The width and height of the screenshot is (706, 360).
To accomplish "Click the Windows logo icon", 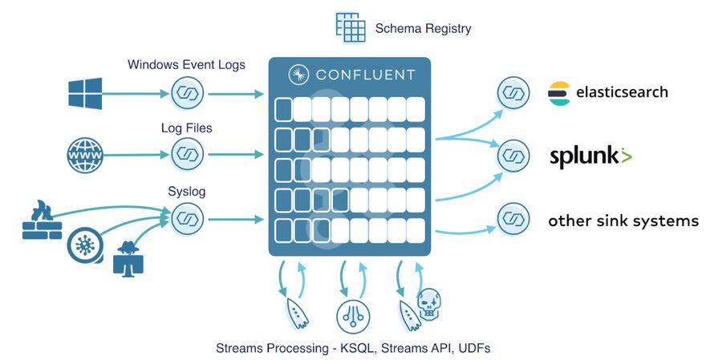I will (x=85, y=94).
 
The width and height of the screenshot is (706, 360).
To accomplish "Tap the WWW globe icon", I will (x=85, y=152).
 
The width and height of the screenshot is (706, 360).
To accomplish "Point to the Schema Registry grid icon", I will (x=350, y=27).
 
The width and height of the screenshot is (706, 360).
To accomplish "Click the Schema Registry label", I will (x=423, y=29).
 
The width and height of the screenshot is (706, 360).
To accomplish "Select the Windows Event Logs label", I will (x=186, y=64).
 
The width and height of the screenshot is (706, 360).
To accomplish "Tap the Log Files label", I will (x=186, y=127).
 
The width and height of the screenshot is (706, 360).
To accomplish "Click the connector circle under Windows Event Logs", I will (x=187, y=94).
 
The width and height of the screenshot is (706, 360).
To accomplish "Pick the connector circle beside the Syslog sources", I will (x=187, y=217).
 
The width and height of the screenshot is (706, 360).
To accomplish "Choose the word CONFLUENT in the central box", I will (x=363, y=75).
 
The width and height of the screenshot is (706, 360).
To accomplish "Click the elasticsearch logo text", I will (x=621, y=93).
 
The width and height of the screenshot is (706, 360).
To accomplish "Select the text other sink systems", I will (x=623, y=220).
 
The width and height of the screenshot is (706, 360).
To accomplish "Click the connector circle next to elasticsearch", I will (x=513, y=93).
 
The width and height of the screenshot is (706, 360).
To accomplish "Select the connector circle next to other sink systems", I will (x=513, y=219).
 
